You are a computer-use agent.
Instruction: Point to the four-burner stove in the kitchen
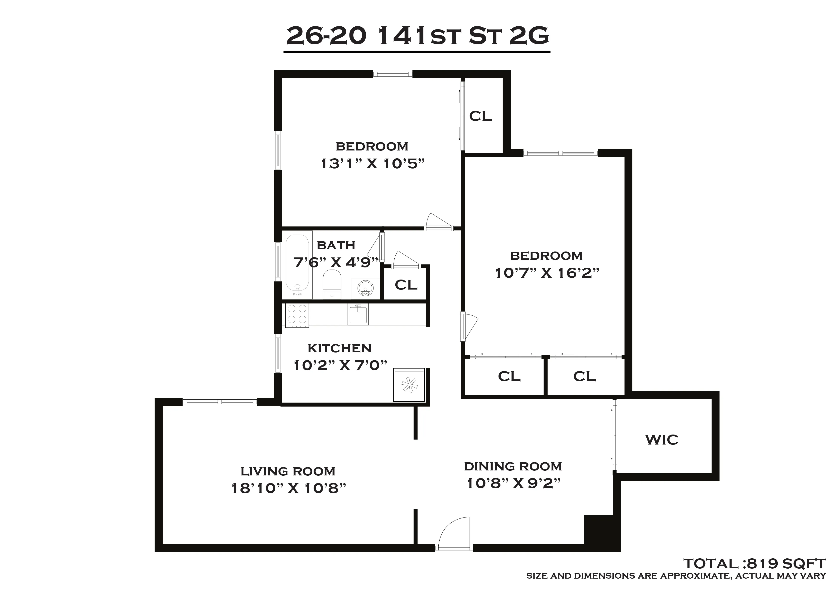pyautogui.click(x=297, y=315)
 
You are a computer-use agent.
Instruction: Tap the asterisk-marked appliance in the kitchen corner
pyautogui.click(x=409, y=385)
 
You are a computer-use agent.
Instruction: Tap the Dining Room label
pyautogui.click(x=513, y=466)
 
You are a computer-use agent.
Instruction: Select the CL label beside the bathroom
pyautogui.click(x=406, y=285)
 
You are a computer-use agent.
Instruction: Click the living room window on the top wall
pyautogui.click(x=219, y=402)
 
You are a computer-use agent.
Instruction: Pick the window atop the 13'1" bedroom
pyautogui.click(x=393, y=74)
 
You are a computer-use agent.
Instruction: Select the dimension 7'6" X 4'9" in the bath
pyautogui.click(x=336, y=262)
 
